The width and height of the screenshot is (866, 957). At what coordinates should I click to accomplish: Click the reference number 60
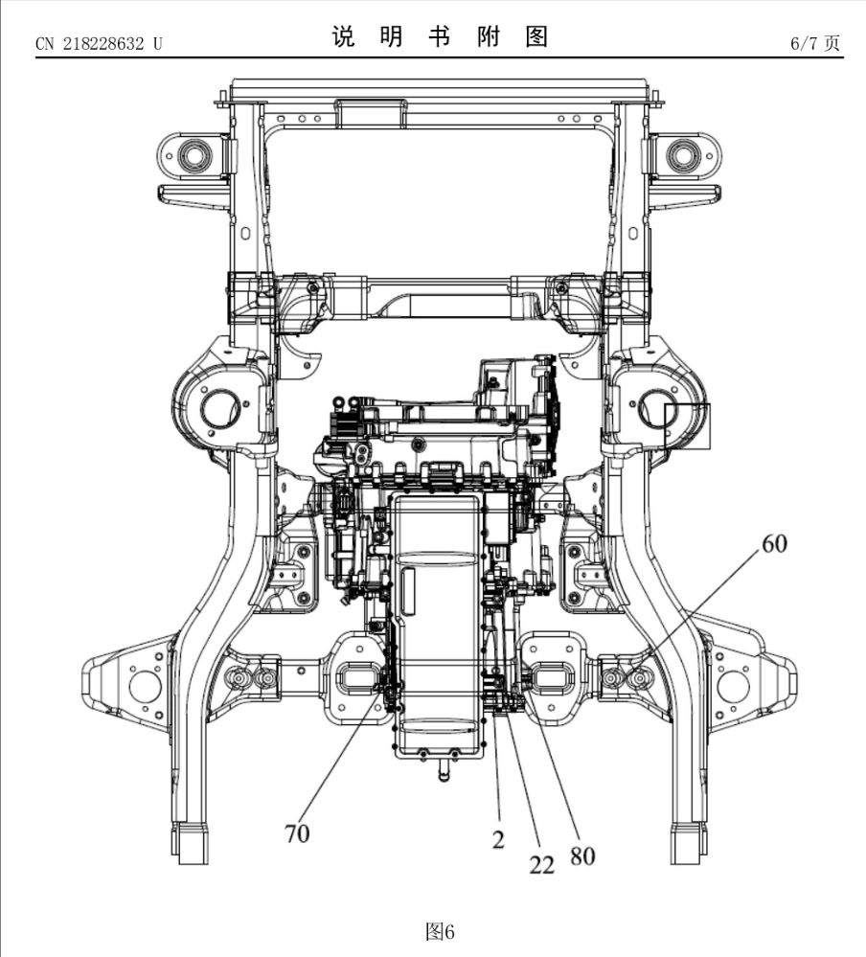(774, 544)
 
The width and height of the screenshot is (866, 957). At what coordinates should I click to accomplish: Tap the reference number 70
(297, 833)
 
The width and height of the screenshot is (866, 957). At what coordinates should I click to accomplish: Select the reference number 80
(582, 854)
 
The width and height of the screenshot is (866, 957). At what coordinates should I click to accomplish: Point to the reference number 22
(542, 865)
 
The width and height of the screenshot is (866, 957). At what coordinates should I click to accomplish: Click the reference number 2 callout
(498, 840)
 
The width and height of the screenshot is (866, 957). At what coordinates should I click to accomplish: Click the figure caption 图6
(440, 931)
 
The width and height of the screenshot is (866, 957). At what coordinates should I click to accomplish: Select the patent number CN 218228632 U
(99, 44)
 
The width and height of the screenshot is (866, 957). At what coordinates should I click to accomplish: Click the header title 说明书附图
(440, 37)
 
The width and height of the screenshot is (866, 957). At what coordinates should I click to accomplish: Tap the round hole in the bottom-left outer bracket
(145, 684)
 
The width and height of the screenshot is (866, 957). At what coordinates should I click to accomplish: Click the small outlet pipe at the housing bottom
(444, 769)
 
